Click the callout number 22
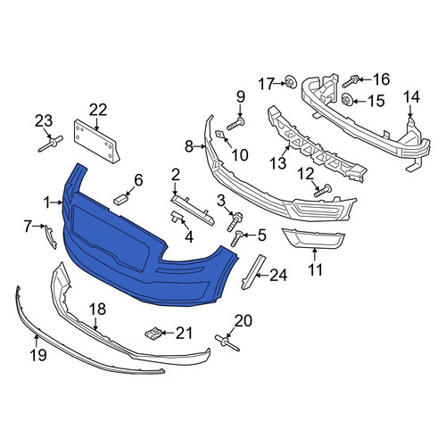pos(98,111)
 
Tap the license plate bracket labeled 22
pos(96,141)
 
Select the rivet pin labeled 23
pos(51,144)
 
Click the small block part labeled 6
pos(120,199)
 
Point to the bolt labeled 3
pos(235,222)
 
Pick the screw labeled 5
pos(237,239)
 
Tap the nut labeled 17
pos(291,82)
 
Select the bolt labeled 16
pos(351,81)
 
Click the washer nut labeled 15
pos(348,99)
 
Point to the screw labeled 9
pos(235,124)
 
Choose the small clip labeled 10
pos(220,135)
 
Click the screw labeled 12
pos(323,190)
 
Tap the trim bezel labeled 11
pos(313,238)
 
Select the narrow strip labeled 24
pos(253,272)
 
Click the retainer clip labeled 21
pos(153,334)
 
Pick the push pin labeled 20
pos(227,343)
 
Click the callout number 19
pos(38,355)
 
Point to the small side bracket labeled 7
pos(51,236)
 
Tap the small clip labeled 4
pos(178,217)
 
